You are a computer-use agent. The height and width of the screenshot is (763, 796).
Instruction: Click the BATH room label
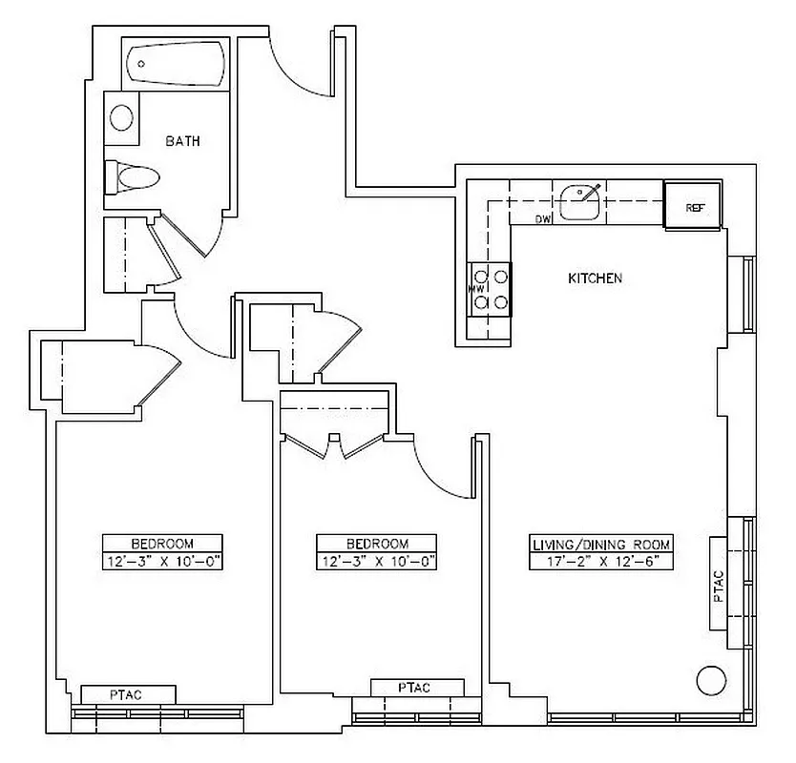[x=183, y=141]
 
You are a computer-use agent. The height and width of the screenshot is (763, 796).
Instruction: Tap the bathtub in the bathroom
[x=175, y=65]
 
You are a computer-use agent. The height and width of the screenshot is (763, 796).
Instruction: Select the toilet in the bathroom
[x=133, y=176]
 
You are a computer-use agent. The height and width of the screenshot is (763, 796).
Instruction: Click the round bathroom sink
[x=121, y=117]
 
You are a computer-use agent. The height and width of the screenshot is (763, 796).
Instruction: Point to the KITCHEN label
[x=595, y=278]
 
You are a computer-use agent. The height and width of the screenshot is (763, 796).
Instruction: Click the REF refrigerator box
[x=693, y=207]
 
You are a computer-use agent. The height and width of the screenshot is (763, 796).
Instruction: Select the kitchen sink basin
[x=579, y=201]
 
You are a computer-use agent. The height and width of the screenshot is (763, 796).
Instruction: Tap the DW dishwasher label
[x=543, y=220]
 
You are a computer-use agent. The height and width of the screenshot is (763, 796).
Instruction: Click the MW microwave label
[x=475, y=287]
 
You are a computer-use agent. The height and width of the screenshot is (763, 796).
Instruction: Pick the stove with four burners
[x=490, y=289]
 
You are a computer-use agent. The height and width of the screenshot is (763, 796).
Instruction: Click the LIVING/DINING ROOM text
[x=601, y=544]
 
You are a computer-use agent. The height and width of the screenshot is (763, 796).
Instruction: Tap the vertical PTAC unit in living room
[x=719, y=582]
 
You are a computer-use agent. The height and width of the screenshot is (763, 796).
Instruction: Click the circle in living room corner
[x=710, y=680]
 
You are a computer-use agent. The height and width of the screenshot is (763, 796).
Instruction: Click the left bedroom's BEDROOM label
[x=162, y=544]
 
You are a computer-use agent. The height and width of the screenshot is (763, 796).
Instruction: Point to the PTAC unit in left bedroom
[x=128, y=694]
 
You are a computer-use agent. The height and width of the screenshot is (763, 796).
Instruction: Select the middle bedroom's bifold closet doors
[x=334, y=444]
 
